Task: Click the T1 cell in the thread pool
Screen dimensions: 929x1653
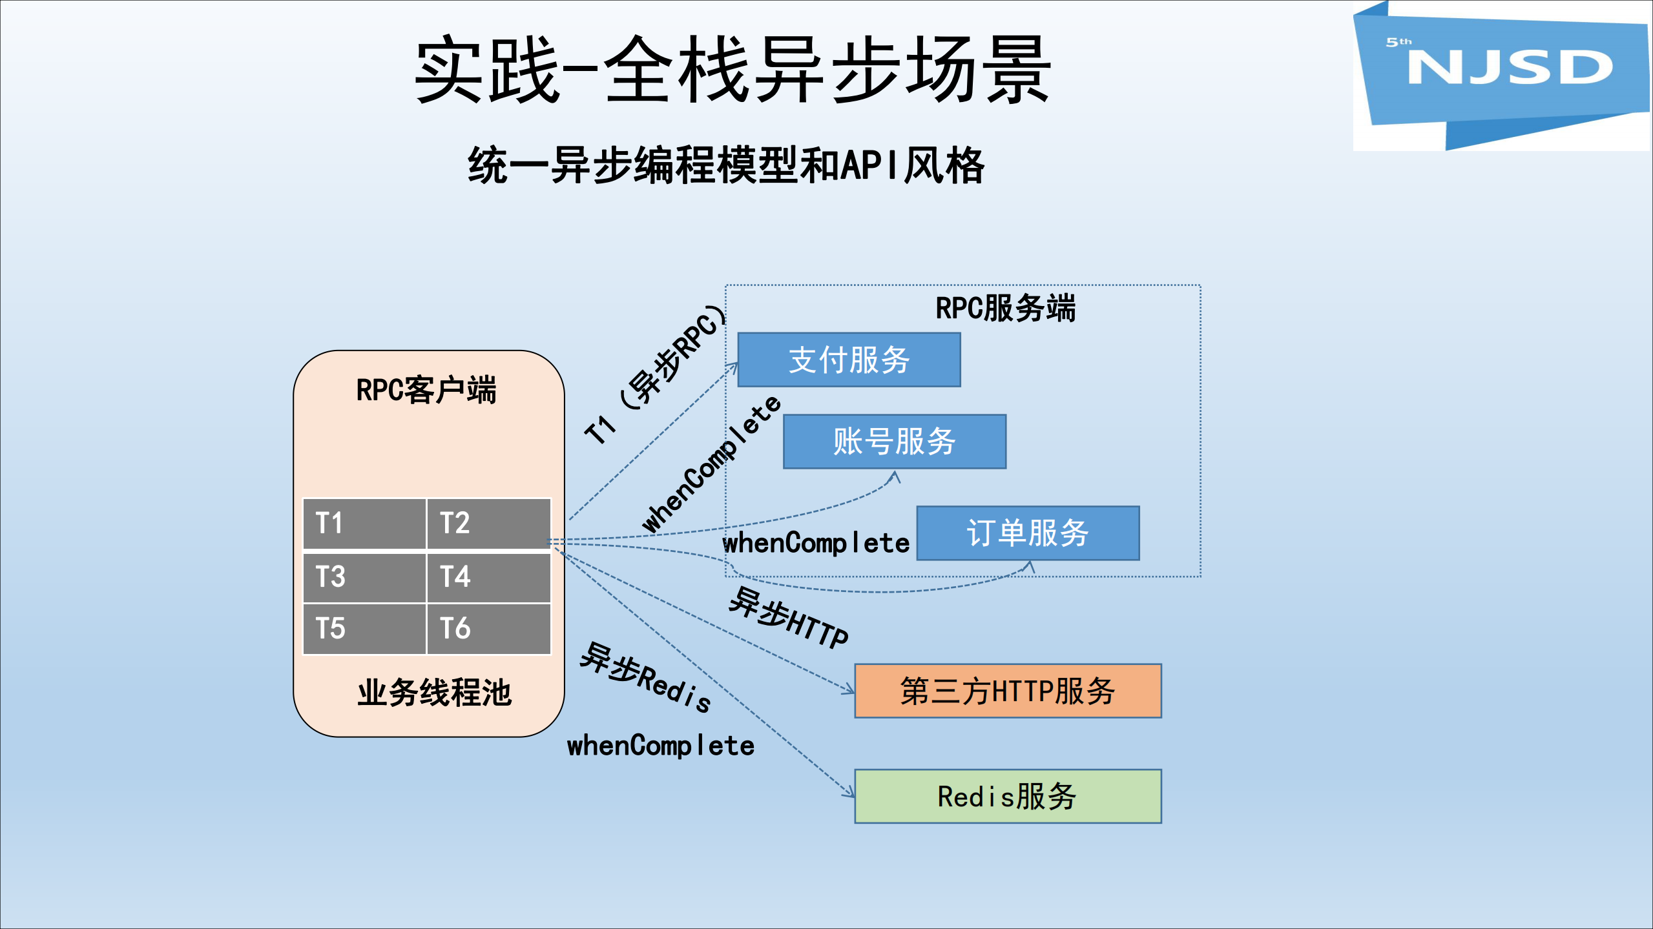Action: [364, 523]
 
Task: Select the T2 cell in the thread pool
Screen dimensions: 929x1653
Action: [488, 523]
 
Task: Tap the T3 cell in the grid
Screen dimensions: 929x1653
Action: [364, 577]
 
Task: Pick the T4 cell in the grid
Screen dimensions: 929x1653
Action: [488, 577]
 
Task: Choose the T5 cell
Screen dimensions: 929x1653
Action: [364, 629]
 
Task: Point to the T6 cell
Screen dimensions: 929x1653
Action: [488, 629]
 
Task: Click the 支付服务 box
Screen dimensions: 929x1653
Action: [849, 360]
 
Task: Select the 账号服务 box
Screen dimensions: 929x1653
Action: [894, 442]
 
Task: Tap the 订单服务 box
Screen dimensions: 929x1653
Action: [1028, 533]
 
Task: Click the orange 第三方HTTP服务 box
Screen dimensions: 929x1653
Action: [1008, 691]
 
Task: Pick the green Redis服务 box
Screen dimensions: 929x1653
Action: [1008, 796]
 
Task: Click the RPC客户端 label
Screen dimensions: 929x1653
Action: [426, 390]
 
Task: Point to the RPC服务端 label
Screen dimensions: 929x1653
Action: [1006, 308]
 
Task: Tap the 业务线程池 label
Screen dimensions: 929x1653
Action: [434, 693]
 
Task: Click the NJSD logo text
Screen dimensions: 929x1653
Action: [1510, 67]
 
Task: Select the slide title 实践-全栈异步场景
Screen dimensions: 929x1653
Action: [733, 70]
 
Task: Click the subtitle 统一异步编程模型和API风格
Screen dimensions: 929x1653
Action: [726, 166]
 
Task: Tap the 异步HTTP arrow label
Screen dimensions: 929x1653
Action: [788, 618]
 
